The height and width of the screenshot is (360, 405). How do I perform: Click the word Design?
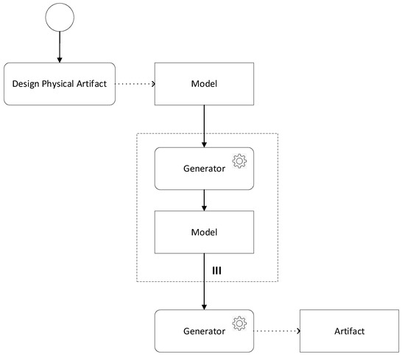coord(27,83)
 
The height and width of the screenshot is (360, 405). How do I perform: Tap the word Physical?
coord(61,83)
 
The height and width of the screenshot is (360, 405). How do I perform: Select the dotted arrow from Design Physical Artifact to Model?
coord(134,83)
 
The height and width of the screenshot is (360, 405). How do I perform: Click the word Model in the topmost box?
coord(203,83)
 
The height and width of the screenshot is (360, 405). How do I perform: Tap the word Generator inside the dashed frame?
coord(203,169)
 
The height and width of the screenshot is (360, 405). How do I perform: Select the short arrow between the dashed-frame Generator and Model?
coord(203,200)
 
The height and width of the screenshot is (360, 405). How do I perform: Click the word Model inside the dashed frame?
coord(203,231)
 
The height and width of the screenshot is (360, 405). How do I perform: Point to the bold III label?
coord(216,270)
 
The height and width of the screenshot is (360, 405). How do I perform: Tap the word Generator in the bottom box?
coord(203,331)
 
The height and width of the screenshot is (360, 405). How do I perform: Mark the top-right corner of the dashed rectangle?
coord(277,133)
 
